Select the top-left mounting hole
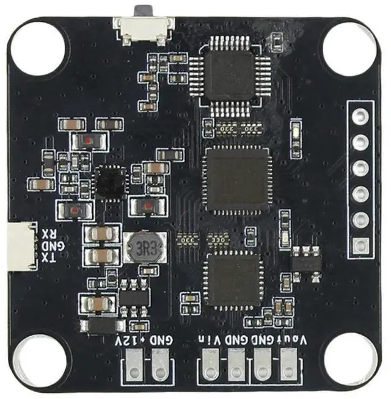point(38,48)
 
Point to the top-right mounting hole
point(350,47)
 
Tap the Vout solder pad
point(287,369)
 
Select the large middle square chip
point(236,181)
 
